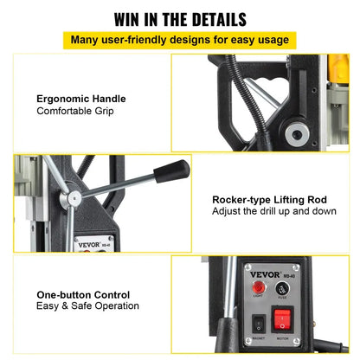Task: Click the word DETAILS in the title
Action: coord(214,19)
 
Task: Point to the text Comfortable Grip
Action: coord(74,112)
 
